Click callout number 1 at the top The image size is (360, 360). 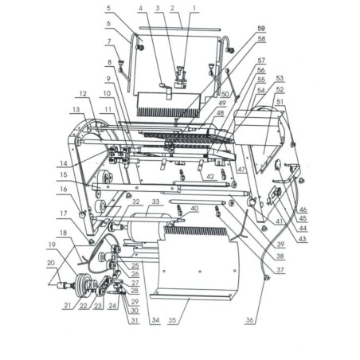194,9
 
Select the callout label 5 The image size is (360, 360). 108,9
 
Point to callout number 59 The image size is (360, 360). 262,29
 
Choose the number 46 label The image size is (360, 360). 304,209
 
